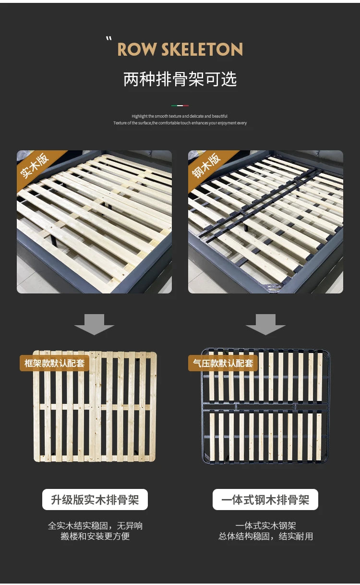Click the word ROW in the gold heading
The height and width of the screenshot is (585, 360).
136,49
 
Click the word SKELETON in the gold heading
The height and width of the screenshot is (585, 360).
202,49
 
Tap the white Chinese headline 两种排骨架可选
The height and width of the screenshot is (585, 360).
180,79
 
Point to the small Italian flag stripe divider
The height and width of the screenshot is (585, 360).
180,106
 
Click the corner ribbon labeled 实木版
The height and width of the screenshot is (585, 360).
36,167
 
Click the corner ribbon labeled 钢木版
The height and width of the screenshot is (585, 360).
207,167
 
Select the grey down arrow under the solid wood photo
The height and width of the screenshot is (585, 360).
94,324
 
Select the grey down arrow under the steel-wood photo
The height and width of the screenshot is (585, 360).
265,324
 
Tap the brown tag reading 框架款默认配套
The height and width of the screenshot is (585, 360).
55,363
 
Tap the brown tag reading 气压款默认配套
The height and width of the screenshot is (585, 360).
223,363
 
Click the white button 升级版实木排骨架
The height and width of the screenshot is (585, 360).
95,500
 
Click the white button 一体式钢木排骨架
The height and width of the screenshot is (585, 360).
265,500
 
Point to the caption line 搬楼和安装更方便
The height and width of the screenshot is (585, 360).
95,536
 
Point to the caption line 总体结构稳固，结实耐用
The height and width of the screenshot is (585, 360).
266,536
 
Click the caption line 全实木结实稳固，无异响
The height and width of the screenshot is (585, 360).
95,525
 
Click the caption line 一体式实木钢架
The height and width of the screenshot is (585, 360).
265,525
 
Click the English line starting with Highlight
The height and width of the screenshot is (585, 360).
180,116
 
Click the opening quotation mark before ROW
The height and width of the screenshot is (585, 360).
109,39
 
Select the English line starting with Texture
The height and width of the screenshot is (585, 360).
180,123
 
